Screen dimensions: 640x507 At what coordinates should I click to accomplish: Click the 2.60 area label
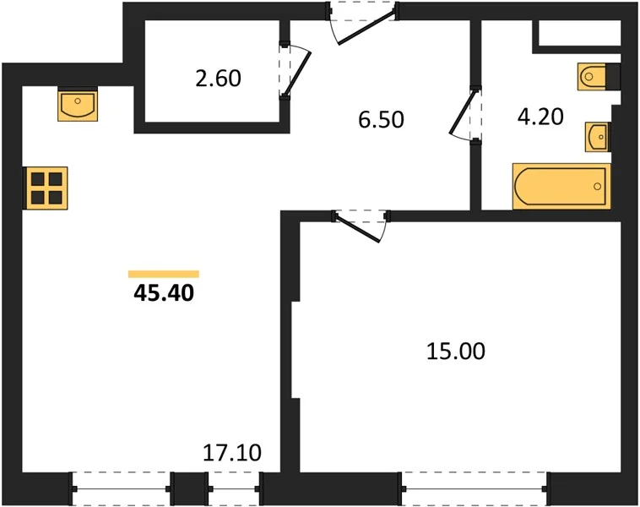pyautogui.click(x=219, y=79)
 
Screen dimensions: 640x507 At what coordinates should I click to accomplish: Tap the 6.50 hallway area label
pyautogui.click(x=382, y=119)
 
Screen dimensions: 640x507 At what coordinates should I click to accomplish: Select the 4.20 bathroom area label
pyautogui.click(x=540, y=117)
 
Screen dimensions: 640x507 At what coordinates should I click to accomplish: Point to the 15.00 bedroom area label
pyautogui.click(x=456, y=352)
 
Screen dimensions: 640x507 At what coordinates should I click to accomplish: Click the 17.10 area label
pyautogui.click(x=232, y=453)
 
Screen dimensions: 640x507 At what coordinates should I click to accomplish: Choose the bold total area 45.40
pyautogui.click(x=164, y=293)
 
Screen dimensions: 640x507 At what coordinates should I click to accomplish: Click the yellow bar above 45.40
pyautogui.click(x=164, y=274)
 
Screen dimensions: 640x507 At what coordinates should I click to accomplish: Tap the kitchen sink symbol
pyautogui.click(x=78, y=106)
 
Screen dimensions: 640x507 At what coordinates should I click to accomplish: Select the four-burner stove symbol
pyautogui.click(x=46, y=188)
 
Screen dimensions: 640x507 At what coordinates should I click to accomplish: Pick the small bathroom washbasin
pyautogui.click(x=598, y=137)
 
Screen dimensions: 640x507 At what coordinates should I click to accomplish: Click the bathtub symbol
pyautogui.click(x=561, y=186)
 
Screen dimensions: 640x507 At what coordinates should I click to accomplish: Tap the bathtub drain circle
pyautogui.click(x=598, y=187)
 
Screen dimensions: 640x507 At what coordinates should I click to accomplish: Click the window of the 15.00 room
pyautogui.click(x=475, y=488)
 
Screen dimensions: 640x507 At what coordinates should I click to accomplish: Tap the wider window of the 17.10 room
pyautogui.click(x=121, y=488)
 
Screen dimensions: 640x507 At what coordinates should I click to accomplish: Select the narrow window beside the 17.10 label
pyautogui.click(x=234, y=488)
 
